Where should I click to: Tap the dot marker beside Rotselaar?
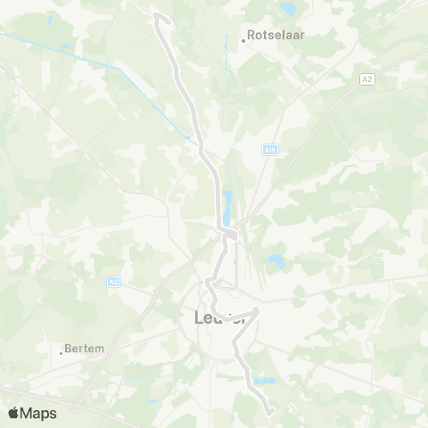click(243, 41)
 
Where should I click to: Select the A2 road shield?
click(367, 80)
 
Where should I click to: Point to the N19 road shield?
click(269, 152)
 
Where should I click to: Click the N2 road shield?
click(113, 282)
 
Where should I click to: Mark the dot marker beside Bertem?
click(62, 352)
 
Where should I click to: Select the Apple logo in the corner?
click(14, 413)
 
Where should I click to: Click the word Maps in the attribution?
click(39, 413)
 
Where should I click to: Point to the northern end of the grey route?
click(157, 15)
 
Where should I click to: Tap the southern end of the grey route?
click(269, 411)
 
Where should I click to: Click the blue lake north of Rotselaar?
click(287, 10)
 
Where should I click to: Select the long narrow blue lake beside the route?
click(226, 207)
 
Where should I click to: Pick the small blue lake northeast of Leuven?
click(276, 261)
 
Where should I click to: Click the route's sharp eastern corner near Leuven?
click(258, 311)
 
